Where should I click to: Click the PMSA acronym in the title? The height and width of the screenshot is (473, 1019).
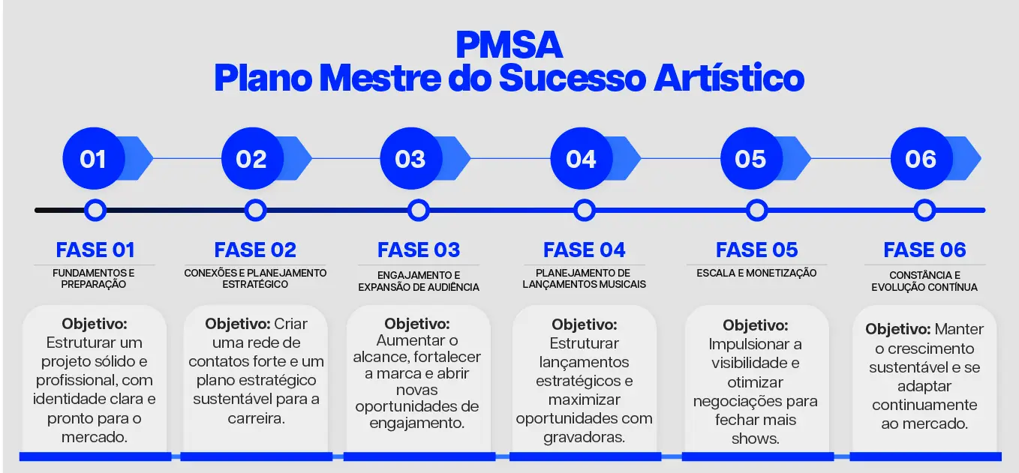coord(509,45)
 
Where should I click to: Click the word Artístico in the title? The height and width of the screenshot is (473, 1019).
coord(729,78)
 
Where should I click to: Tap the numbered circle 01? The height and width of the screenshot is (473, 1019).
coord(94,159)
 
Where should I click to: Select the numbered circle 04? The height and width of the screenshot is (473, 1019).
coord(582,159)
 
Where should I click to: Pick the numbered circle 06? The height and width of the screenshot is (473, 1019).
coord(921,159)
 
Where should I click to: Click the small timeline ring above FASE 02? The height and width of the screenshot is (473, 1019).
coord(255,211)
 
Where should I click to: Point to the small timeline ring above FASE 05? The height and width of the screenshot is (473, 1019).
coord(757,211)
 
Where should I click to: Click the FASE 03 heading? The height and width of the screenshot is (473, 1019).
coord(419,250)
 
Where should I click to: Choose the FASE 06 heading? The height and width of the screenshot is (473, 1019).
coord(924,250)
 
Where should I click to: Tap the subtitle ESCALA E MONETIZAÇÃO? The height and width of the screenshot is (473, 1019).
coord(756,273)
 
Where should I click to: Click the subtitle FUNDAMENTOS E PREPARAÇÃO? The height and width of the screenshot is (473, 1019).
coord(94,279)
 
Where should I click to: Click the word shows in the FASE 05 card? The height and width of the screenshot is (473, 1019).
coord(755,439)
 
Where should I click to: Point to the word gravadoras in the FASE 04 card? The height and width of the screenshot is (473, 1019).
coord(584,437)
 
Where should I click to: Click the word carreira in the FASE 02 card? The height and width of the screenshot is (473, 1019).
coord(256,418)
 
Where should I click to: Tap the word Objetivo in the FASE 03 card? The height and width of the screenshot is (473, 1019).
coord(416,324)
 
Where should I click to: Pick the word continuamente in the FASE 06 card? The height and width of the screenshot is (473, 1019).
coord(924,405)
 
